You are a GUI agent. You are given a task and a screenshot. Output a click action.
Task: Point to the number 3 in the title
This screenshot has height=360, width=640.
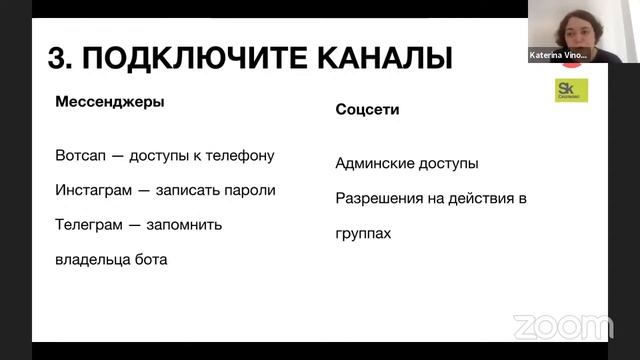[x=56, y=57]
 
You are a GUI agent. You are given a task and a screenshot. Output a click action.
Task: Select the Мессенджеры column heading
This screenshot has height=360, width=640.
[x=110, y=102]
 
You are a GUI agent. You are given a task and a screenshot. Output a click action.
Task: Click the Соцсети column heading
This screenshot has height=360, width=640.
[x=367, y=110]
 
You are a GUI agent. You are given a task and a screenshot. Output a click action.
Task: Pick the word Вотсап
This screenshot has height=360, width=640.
[x=82, y=156]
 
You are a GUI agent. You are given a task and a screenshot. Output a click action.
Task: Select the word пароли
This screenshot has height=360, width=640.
[x=248, y=190]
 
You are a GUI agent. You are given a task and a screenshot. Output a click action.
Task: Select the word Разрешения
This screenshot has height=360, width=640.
[x=382, y=198]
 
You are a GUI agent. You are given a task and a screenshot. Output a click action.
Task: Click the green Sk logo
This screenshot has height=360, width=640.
[x=572, y=90]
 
